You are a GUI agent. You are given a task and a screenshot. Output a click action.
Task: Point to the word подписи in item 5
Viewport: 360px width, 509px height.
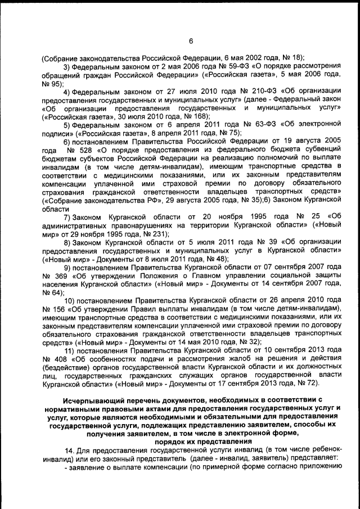[x=58, y=133]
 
